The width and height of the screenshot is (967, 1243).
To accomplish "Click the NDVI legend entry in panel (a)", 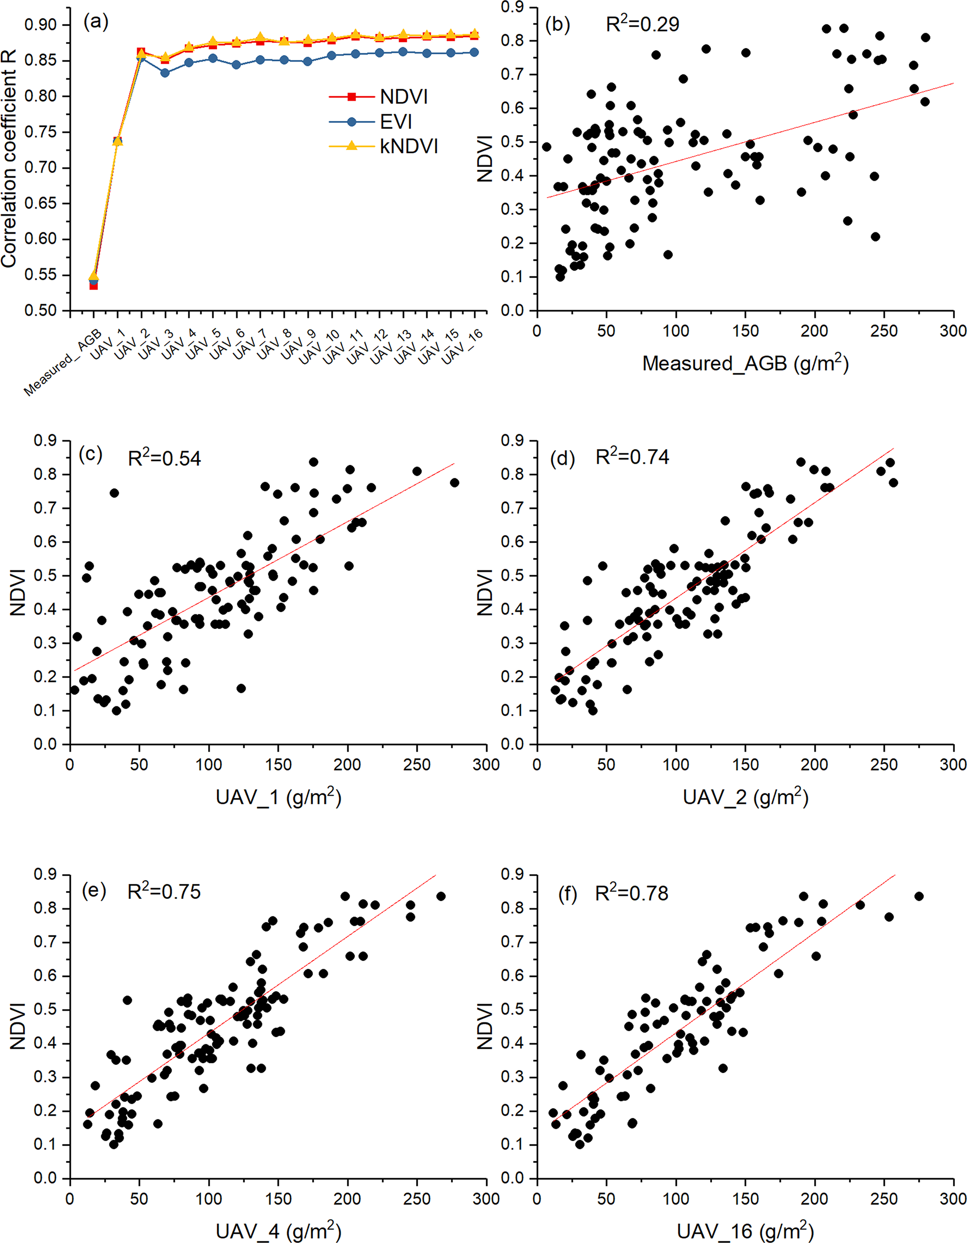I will pos(403,97).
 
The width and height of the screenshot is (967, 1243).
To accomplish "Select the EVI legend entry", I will pos(396,122).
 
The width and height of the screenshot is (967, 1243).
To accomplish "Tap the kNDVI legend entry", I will pos(409,147).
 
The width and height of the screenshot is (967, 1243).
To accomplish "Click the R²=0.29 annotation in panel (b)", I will pos(642,24).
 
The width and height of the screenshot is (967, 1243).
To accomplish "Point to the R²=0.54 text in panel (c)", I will pos(164,458).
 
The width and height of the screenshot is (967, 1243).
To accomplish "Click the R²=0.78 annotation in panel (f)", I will pos(632,893).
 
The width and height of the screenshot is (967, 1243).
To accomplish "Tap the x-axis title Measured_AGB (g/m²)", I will pos(745,363).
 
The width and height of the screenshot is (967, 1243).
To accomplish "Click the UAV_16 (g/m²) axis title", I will pos(745,1231).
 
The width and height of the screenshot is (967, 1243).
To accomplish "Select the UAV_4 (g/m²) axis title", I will pos(278,1231).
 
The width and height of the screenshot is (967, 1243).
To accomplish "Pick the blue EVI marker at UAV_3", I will pos(165,73).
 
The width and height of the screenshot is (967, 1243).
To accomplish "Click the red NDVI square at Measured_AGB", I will pos(94,286).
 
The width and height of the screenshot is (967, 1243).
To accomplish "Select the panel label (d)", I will pos(562,458).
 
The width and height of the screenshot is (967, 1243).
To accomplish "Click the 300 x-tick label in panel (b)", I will pos(953,331).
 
